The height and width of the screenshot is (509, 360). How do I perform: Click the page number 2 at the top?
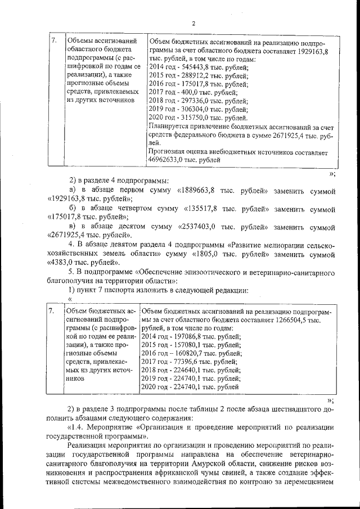(192, 23)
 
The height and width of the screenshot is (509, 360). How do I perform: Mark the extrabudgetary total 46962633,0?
(166, 160)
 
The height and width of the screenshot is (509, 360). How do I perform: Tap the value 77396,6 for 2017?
(182, 362)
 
